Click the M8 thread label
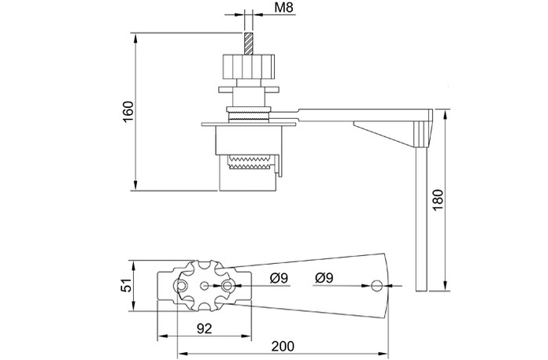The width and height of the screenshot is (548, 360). tap(283, 8)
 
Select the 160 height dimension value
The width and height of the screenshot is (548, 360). tap(128, 112)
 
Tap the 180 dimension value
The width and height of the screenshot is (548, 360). tap(438, 200)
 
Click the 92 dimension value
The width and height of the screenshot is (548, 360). tap(205, 328)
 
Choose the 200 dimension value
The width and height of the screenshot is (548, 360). tap(283, 347)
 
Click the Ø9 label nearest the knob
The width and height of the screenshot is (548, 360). tap(279, 278)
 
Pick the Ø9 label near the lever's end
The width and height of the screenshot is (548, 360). tap(324, 278)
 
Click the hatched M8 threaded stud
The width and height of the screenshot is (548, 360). tap(248, 43)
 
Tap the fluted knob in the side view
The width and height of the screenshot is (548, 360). tap(248, 66)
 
